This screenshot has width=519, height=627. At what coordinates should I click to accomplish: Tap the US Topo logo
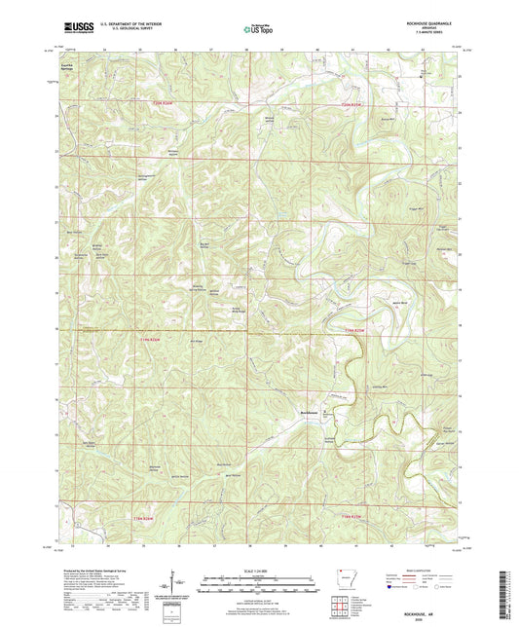pyautogui.click(x=258, y=30)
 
